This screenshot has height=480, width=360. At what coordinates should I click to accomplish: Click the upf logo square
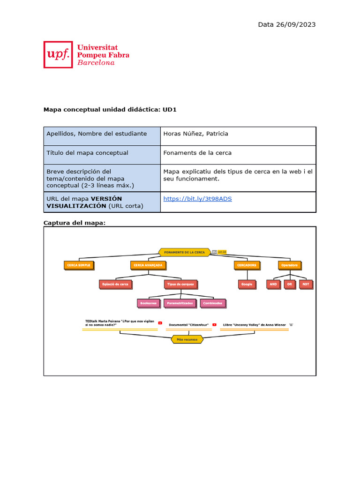click(x=58, y=54)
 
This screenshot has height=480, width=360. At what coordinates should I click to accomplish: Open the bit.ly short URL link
click(x=197, y=199)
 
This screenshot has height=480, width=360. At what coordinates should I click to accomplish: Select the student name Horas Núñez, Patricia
click(x=195, y=134)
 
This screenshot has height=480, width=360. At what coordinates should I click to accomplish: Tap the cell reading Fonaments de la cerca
click(x=197, y=153)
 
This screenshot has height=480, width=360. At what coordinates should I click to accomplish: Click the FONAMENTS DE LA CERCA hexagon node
click(x=184, y=252)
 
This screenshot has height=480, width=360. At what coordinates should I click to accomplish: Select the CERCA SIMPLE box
click(x=78, y=265)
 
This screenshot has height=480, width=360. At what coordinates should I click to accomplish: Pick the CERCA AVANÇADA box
click(x=148, y=265)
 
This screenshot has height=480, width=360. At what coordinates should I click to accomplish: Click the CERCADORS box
click(x=247, y=265)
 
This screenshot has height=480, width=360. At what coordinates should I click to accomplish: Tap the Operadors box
click(x=290, y=265)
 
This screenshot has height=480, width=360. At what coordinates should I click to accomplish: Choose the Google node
click(x=246, y=284)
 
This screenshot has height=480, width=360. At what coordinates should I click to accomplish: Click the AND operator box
click(x=273, y=284)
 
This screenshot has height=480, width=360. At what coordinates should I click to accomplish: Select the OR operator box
click(x=290, y=284)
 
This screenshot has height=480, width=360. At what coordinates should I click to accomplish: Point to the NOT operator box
click(x=306, y=284)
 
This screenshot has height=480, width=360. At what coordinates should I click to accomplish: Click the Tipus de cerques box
click(x=180, y=284)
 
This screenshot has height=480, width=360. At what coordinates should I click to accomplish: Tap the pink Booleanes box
click(x=148, y=303)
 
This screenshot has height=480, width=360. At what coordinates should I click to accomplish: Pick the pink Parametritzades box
click(x=180, y=303)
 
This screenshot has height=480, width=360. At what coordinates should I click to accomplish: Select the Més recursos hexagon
click(x=187, y=339)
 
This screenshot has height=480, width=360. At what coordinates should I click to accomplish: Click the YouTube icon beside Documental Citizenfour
click(x=214, y=324)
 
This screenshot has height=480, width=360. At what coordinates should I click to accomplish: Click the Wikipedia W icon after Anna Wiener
click(x=291, y=324)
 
